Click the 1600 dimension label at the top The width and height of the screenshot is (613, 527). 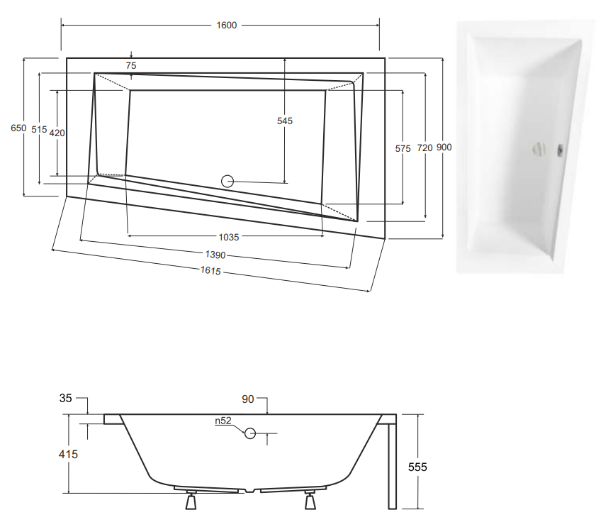point(226,26)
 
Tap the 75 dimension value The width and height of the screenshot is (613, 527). point(131,66)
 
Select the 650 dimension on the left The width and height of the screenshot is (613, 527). point(18,128)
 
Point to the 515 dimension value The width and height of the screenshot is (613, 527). point(39,130)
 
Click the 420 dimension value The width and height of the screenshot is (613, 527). point(57,133)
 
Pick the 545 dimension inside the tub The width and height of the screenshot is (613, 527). point(285,121)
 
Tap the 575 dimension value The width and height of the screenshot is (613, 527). point(403,149)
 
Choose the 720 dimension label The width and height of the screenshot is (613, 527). point(424,148)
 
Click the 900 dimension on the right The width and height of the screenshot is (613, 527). point(444,148)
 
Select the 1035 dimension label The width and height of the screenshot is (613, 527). point(229,237)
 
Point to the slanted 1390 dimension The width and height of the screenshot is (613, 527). point(215,255)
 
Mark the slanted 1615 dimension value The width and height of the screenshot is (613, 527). point(210,270)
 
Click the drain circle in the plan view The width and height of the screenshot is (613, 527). point(227,181)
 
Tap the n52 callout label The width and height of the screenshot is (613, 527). point(223,421)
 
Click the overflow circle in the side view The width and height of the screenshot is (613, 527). point(250,433)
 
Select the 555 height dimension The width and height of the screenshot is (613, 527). point(417,467)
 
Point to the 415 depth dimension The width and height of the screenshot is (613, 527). point(69,454)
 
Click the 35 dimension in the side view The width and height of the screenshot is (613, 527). point(66,399)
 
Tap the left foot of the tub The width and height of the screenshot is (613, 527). point(191,500)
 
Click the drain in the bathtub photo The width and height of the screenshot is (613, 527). point(539,150)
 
